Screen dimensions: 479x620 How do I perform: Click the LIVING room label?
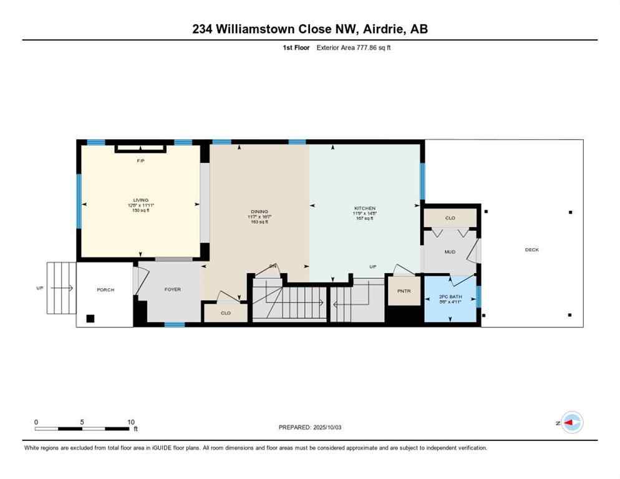point(140,200)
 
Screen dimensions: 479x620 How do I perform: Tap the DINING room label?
point(259,211)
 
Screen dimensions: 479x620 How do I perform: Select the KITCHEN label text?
point(365,208)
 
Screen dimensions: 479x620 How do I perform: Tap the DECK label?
point(531,249)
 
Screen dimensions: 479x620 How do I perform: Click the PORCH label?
point(105,289)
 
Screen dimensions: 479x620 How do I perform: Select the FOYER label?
point(172,289)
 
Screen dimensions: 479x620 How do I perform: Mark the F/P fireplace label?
point(140,161)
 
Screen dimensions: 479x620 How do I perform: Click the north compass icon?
point(571,422)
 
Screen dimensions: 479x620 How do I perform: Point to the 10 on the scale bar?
point(130,422)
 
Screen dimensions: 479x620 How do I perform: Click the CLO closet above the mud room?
point(450,218)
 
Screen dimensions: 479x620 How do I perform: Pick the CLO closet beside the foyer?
point(226,313)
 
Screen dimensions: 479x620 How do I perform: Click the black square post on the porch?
point(90,318)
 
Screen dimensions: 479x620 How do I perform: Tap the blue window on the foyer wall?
point(174,324)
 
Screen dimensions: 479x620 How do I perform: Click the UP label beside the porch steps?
point(40,288)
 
